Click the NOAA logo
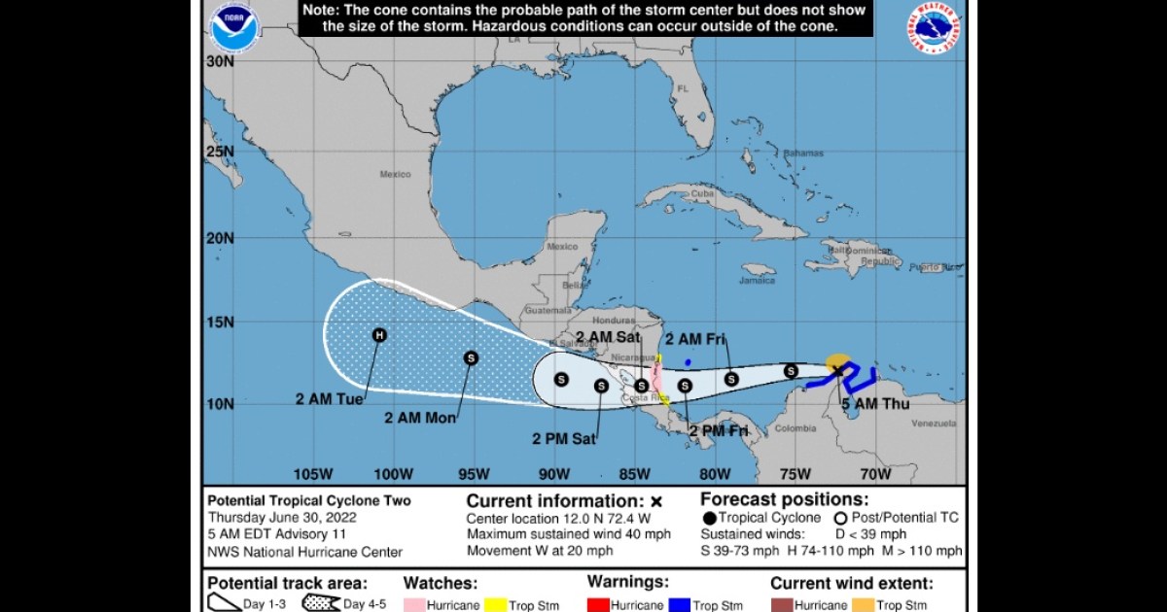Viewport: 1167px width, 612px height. [234, 29]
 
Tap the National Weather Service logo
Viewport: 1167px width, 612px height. [937, 29]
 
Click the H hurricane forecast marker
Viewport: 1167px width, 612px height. [380, 335]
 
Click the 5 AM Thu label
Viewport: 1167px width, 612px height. [875, 403]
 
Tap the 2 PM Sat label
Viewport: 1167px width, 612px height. [563, 438]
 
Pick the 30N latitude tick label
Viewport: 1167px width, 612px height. [221, 61]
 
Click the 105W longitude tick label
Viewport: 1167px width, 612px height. [313, 474]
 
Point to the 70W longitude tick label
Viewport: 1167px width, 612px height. [875, 474]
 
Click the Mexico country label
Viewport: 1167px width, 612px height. [396, 175]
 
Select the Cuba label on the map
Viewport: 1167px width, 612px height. [702, 193]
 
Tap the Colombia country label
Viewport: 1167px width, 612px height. [796, 428]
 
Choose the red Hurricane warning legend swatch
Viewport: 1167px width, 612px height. [597, 604]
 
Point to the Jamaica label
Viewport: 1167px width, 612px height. [758, 280]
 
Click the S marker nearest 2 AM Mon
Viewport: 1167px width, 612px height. [471, 357]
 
